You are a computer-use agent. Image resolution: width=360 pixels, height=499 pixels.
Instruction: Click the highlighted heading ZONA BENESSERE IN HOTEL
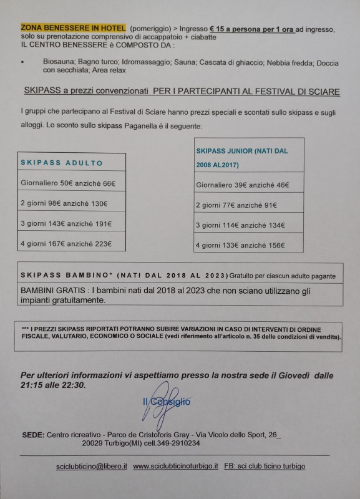coord(73,29)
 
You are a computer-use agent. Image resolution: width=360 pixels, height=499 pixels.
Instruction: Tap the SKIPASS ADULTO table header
coord(62,163)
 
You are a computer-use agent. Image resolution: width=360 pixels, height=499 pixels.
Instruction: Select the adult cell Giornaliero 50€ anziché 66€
coord(69,185)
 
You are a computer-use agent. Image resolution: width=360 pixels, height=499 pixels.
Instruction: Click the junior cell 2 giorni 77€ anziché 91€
coord(236,205)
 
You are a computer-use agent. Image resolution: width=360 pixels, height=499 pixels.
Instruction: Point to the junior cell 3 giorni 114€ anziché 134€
coord(240,225)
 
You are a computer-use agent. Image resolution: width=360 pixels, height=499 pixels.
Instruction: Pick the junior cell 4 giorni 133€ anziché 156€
coord(240,245)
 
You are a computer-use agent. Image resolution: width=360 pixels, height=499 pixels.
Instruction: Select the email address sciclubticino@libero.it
coord(91,467)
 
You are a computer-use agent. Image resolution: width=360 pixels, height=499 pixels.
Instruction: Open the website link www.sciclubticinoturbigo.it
coord(175,467)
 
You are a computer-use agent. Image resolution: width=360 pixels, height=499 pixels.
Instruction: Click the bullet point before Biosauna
coord(22,63)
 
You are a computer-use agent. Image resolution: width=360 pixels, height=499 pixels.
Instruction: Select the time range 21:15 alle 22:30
coord(54,385)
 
